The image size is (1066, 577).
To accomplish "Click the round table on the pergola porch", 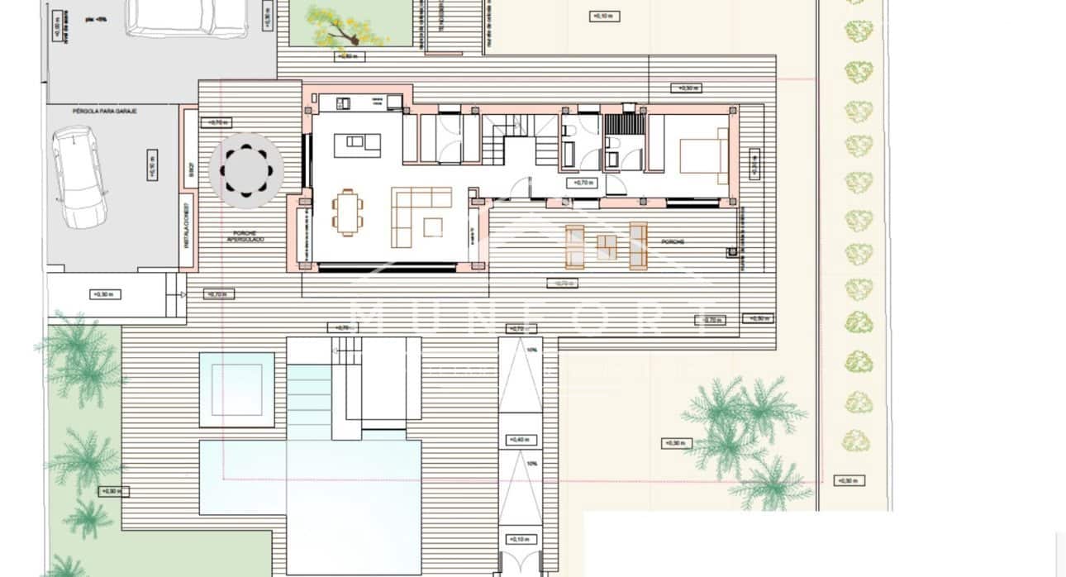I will point(246,170).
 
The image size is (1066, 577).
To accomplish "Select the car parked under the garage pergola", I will point(80,177).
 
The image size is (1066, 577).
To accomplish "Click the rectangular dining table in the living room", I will point(348,212).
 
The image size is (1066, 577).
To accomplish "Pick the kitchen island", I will point(357,145).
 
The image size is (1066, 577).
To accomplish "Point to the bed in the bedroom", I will point(703,155).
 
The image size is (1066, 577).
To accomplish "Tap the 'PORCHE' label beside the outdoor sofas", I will point(672,242).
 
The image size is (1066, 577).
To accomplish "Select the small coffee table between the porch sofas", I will point(607,245).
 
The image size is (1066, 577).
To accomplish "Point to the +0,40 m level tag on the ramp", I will point(520,439).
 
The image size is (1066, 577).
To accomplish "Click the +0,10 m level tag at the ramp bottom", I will point(520,539).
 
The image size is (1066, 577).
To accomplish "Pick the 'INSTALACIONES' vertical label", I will point(188,226).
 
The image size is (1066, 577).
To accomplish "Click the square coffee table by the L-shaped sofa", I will point(433,227).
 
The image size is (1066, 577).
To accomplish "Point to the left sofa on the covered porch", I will point(575,246).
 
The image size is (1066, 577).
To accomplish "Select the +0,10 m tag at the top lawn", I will point(606,16).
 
